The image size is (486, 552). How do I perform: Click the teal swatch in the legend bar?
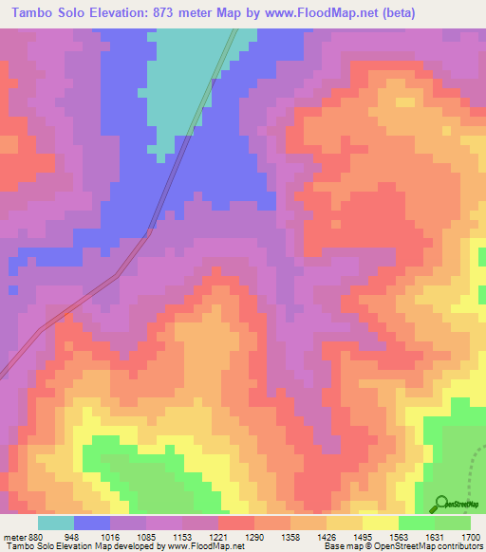click(x=56, y=523)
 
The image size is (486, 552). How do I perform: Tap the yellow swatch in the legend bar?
click(x=381, y=523)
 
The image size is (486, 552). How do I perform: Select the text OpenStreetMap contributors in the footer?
click(x=436, y=546)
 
